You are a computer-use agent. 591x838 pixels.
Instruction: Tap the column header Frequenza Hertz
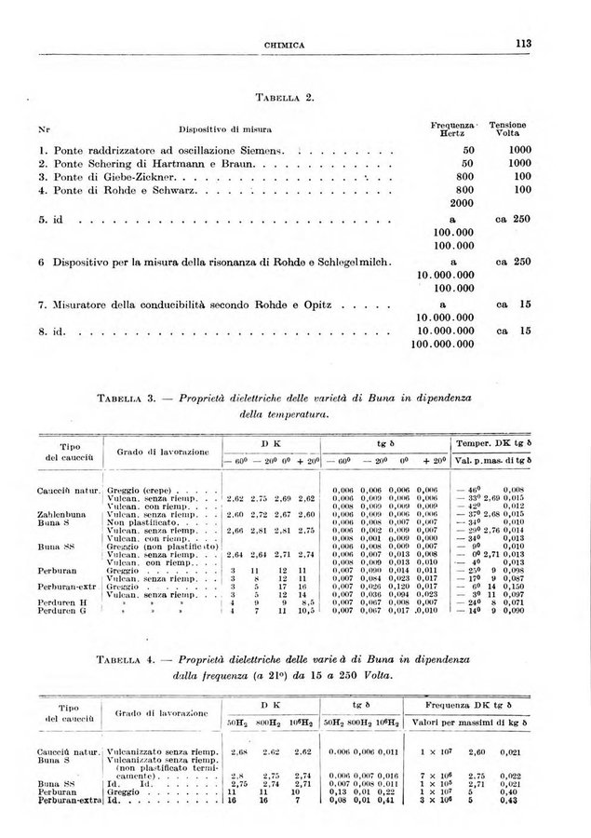[x=453, y=128]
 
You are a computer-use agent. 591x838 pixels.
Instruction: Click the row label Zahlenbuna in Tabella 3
[x=61, y=514]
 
